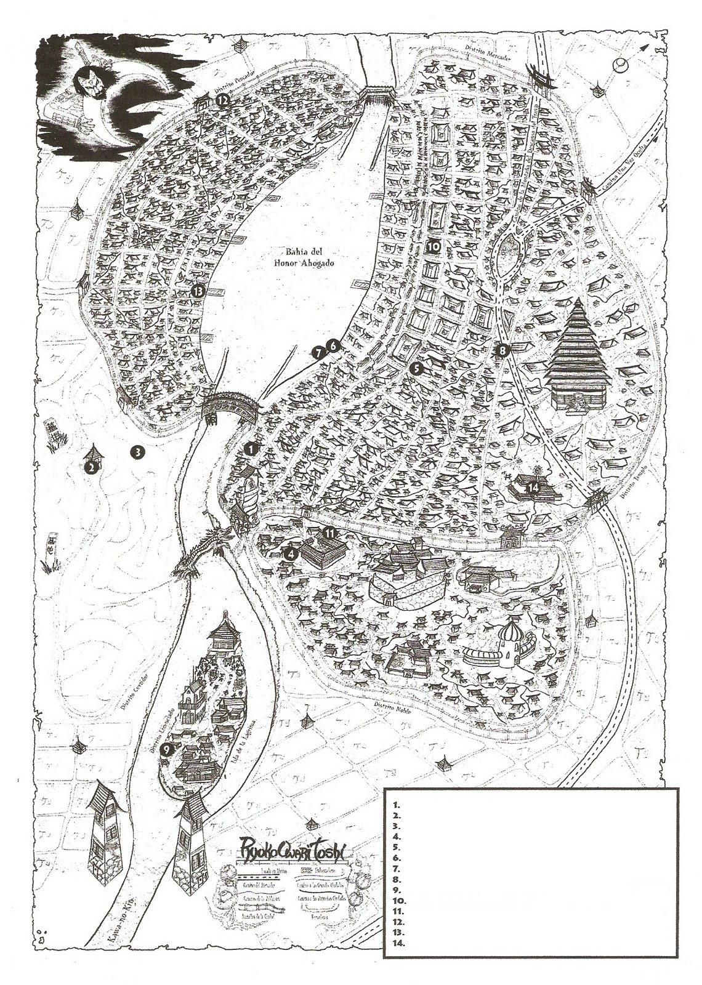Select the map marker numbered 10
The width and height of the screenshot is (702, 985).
point(433,246)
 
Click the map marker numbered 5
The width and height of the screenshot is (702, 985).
point(416,368)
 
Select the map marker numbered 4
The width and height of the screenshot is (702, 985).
point(290,553)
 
